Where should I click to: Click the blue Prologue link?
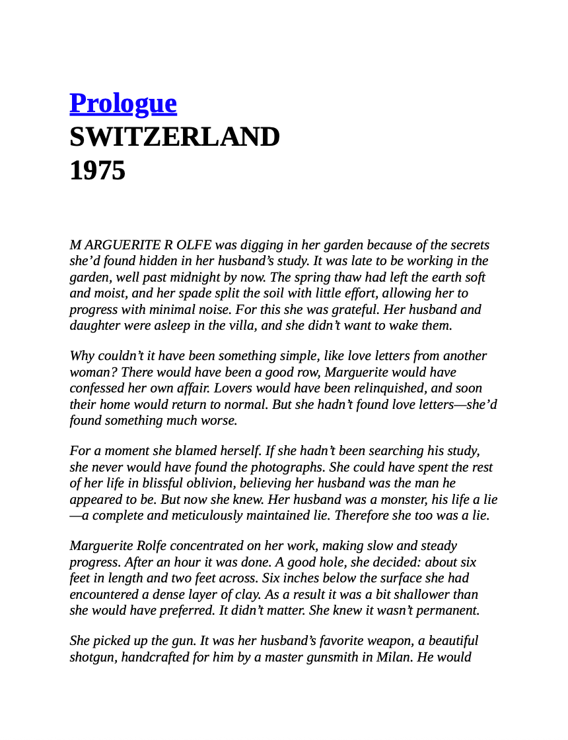[x=123, y=104]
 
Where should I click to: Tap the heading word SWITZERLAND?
[x=174, y=137]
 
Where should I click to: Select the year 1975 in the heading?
[x=97, y=171]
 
